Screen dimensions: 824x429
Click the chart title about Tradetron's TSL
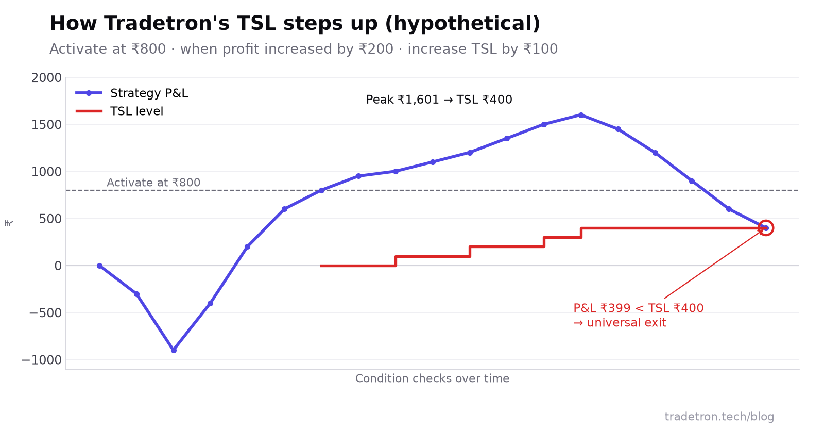pos(295,24)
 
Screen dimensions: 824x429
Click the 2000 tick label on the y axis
pos(46,78)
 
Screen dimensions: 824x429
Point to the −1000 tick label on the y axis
pos(42,360)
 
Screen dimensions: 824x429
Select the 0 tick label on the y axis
pos(58,266)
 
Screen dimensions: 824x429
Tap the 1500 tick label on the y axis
pos(46,125)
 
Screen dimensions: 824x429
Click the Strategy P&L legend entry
pos(132,93)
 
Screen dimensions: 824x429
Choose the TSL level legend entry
pos(119,111)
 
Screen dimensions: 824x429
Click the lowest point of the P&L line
pos(174,350)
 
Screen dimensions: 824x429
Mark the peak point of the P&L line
pos(581,115)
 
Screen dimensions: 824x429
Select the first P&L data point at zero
pos(100,266)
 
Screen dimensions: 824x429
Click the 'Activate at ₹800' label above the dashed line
pos(153,183)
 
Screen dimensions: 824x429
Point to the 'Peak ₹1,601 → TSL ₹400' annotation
pos(439,100)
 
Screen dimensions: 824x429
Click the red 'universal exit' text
pos(626,323)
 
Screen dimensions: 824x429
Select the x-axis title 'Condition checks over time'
pos(432,378)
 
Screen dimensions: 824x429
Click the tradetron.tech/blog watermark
pos(719,417)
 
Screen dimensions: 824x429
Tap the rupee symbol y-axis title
pos(9,223)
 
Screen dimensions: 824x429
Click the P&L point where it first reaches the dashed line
pos(321,190)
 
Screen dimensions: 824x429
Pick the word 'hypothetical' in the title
pos(462,24)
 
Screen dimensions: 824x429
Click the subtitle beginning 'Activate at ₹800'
pos(303,49)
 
